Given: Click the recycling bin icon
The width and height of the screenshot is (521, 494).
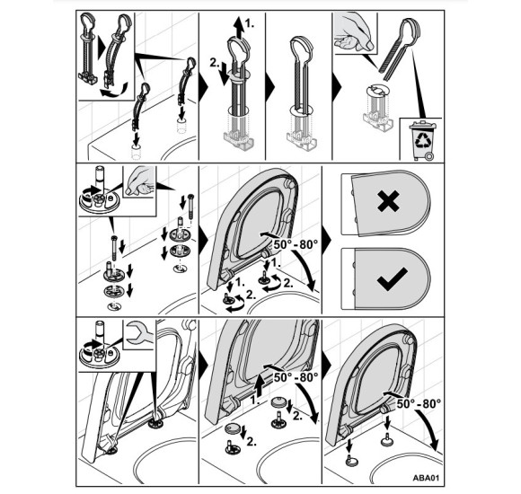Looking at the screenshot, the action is pyautogui.click(x=422, y=140).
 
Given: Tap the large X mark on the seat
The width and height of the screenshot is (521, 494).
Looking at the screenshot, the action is pyautogui.click(x=388, y=201).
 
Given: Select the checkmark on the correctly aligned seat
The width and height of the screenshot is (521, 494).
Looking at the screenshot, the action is pyautogui.click(x=392, y=279).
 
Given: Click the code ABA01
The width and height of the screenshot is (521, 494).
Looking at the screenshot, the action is pyautogui.click(x=426, y=478).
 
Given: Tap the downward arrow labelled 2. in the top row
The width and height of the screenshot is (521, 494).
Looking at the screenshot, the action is pyautogui.click(x=225, y=74).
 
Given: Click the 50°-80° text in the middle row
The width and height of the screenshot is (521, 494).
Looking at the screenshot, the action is pyautogui.click(x=296, y=244).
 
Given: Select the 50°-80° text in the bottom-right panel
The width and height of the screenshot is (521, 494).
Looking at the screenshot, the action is pyautogui.click(x=419, y=403).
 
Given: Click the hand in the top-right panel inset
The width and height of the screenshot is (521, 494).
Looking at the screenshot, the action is pyautogui.click(x=355, y=32).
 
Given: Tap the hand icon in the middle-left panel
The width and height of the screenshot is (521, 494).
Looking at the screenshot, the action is pyautogui.click(x=139, y=181).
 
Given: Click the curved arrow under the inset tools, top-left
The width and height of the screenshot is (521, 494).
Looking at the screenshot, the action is pyautogui.click(x=114, y=91).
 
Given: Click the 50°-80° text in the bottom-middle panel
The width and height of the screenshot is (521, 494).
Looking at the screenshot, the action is pyautogui.click(x=296, y=377).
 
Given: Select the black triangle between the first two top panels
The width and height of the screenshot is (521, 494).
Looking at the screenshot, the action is pyautogui.click(x=203, y=87).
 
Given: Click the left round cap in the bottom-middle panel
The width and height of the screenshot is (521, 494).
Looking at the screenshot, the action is pyautogui.click(x=232, y=428).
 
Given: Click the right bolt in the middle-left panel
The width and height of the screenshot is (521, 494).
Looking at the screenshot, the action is pyautogui.click(x=190, y=207).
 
